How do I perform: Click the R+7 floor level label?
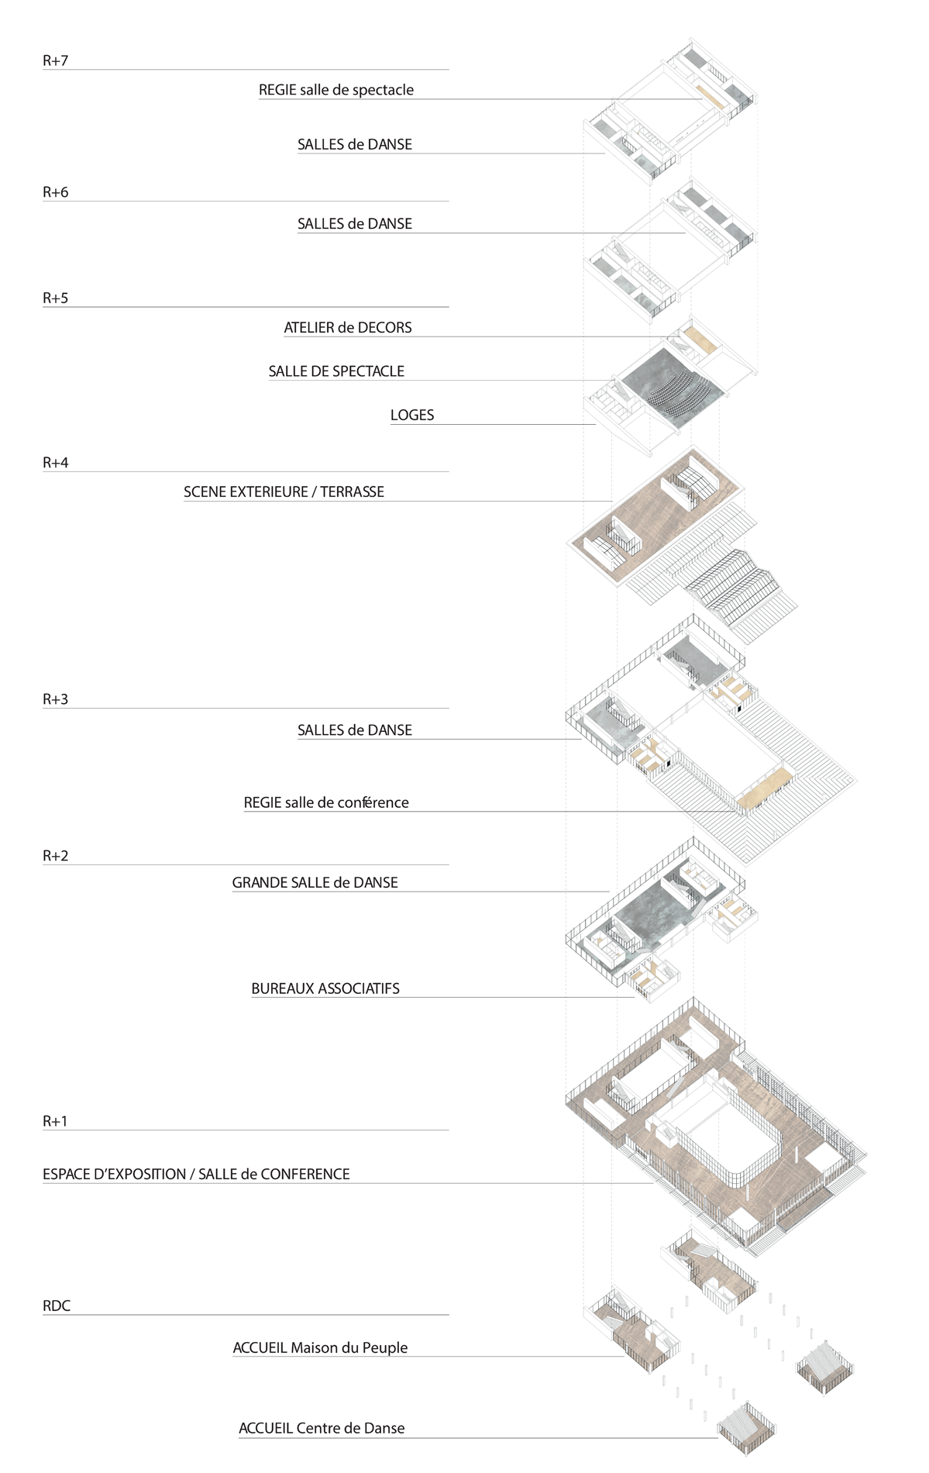click(56, 60)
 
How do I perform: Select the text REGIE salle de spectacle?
click(336, 90)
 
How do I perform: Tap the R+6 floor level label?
click(56, 192)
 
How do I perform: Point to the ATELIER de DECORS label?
click(348, 327)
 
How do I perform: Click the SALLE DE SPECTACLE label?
click(336, 371)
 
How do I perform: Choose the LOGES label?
click(412, 415)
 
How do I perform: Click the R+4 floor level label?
click(56, 463)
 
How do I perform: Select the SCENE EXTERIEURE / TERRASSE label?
click(284, 492)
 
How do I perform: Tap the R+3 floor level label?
click(56, 699)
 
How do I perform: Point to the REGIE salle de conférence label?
click(326, 802)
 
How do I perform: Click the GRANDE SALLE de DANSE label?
click(315, 882)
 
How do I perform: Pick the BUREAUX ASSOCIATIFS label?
click(325, 988)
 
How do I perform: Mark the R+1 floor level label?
click(56, 1121)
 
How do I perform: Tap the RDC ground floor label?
click(57, 1306)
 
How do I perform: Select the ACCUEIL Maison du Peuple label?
click(320, 1347)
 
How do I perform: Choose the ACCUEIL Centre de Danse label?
click(322, 1428)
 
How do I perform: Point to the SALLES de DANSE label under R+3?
click(355, 730)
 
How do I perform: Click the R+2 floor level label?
click(56, 856)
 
